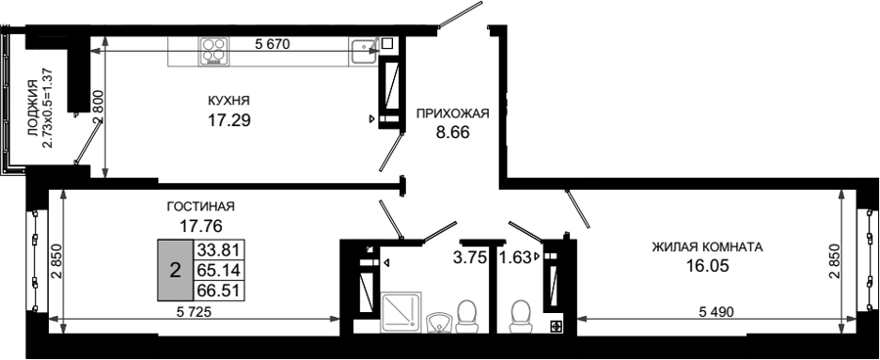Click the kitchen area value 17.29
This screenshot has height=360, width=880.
point(229,119)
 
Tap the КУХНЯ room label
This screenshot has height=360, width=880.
point(229,101)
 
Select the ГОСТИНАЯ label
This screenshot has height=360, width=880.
point(200,206)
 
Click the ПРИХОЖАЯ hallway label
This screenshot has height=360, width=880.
point(453,113)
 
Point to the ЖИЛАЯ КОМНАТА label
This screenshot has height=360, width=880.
point(707,247)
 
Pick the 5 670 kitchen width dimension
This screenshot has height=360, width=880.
point(272,44)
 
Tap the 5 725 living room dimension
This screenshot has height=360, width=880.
point(193,312)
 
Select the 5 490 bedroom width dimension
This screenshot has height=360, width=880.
point(716,312)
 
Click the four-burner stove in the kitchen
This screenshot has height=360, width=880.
point(214,48)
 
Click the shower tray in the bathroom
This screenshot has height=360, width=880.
point(401,312)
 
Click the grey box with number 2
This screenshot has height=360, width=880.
point(175,270)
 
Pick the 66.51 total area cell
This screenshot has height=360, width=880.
point(219,291)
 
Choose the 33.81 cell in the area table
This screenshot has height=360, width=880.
point(219,248)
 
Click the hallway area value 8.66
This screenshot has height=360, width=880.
point(453,133)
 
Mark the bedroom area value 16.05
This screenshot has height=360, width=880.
point(708,266)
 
